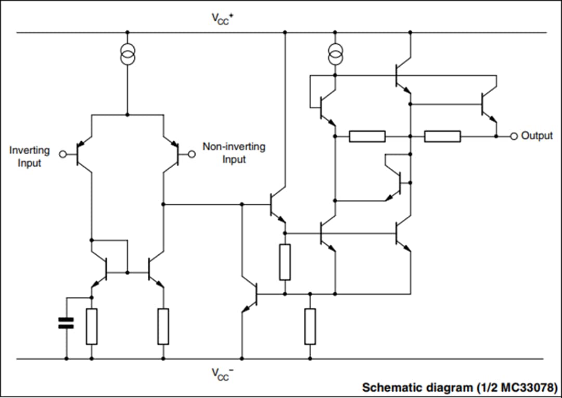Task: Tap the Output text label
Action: (x=537, y=136)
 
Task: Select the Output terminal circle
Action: (x=514, y=136)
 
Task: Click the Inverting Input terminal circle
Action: (x=63, y=154)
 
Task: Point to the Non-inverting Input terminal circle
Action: (x=191, y=154)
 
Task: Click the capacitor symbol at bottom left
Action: (x=66, y=324)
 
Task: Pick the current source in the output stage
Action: (x=335, y=54)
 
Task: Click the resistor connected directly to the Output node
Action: (x=442, y=136)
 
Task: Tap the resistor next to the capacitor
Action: (x=92, y=327)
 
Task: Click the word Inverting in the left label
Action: (x=30, y=150)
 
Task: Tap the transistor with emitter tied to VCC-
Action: (x=251, y=294)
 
